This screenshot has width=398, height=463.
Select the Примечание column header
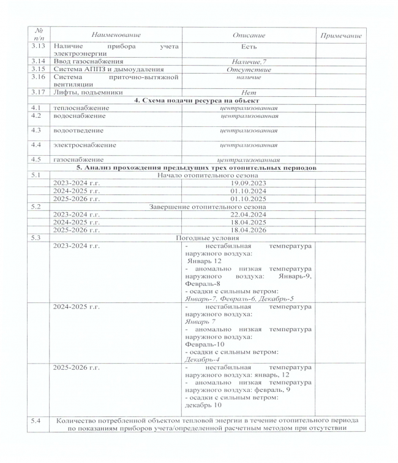point(341,36)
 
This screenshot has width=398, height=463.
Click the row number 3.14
point(38,61)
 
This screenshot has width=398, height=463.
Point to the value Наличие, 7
point(248,62)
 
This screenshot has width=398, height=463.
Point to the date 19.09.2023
point(248,183)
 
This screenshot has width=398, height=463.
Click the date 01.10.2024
point(248,191)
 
